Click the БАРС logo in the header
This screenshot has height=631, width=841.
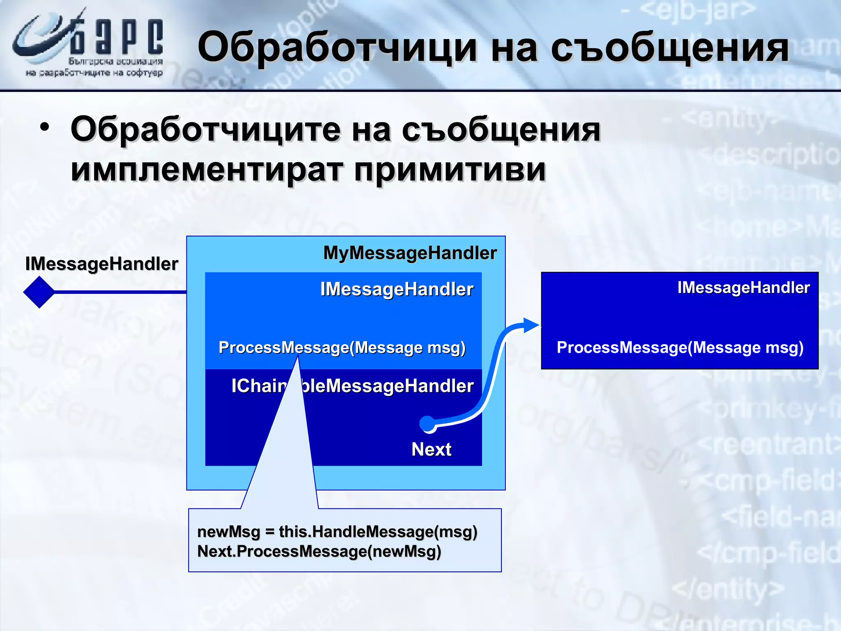(x=88, y=43)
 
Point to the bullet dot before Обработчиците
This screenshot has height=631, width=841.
(x=45, y=127)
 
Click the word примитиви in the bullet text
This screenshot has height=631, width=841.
(x=450, y=170)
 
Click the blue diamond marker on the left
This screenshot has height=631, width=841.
(x=39, y=292)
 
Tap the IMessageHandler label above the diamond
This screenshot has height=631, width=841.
(x=101, y=264)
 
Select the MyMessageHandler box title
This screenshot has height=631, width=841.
(x=410, y=253)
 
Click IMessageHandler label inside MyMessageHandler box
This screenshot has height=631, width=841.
(x=397, y=289)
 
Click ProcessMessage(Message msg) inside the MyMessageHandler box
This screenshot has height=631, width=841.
(x=342, y=348)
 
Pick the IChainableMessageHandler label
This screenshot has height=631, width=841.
(x=352, y=386)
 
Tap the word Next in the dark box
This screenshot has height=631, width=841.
(x=431, y=449)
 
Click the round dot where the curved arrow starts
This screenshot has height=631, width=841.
(x=427, y=424)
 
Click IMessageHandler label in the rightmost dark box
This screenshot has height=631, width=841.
(x=743, y=288)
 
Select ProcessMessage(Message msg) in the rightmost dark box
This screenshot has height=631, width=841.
(x=680, y=348)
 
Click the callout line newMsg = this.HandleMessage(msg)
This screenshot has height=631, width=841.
(x=337, y=532)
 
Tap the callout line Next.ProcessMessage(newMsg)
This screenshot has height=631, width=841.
(x=319, y=551)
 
